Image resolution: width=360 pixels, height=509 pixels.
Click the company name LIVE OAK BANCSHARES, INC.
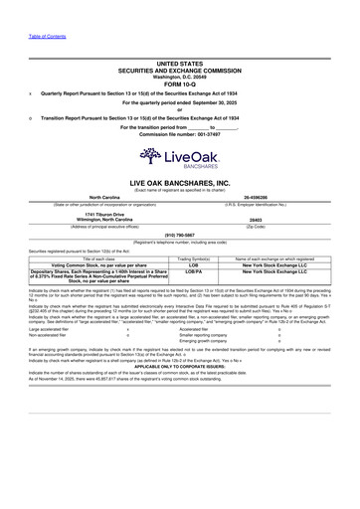click(179, 185)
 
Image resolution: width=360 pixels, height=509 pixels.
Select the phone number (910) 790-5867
click(179, 236)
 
